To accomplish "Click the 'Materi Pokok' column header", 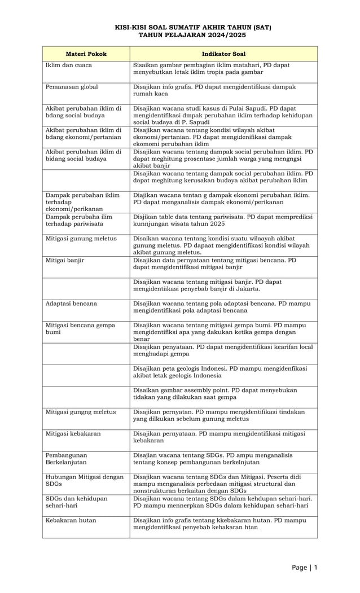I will pos(86,54).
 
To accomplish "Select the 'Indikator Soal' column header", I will pos(223,54).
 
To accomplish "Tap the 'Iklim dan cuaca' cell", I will pos(68,65).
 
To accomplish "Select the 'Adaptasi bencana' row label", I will pos(71,304).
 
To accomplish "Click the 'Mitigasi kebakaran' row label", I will pos(74,433).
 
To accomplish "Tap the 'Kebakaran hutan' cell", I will pos(71,520).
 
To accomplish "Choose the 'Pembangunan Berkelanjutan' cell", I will pos(67,458).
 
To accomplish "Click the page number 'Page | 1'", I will pos(305,567).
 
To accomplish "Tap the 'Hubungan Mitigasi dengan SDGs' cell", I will pos(84,480).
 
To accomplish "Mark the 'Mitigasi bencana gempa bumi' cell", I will pos(80,328).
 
